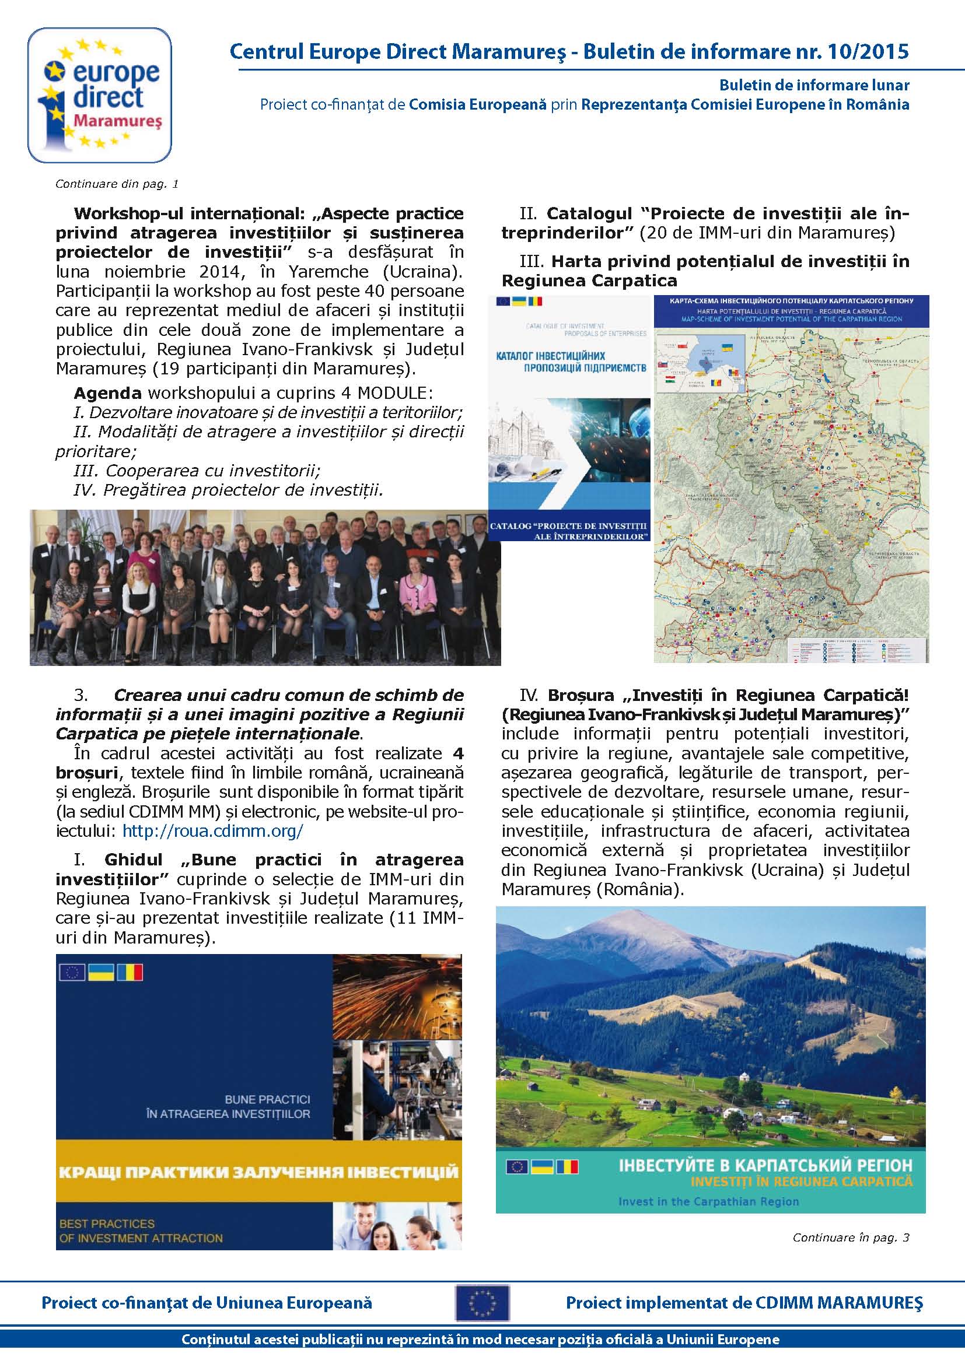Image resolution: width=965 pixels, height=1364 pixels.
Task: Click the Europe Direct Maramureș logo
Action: pos(100,95)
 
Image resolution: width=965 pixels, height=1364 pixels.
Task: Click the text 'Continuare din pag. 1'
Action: pos(117,184)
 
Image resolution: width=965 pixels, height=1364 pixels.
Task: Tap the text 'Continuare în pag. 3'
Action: pos(850,1237)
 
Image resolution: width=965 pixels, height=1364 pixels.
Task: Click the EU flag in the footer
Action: pos(482,1302)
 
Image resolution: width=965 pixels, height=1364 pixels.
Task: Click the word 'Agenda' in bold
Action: pos(107,392)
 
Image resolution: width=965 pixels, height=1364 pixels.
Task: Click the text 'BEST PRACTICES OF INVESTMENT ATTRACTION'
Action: pos(141,1231)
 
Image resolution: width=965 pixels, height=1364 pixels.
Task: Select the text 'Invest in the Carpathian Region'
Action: pos(708,1201)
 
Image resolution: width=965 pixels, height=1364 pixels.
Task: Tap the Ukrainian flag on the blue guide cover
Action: pos(100,973)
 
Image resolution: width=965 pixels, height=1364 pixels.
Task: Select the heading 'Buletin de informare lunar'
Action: pos(814,85)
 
